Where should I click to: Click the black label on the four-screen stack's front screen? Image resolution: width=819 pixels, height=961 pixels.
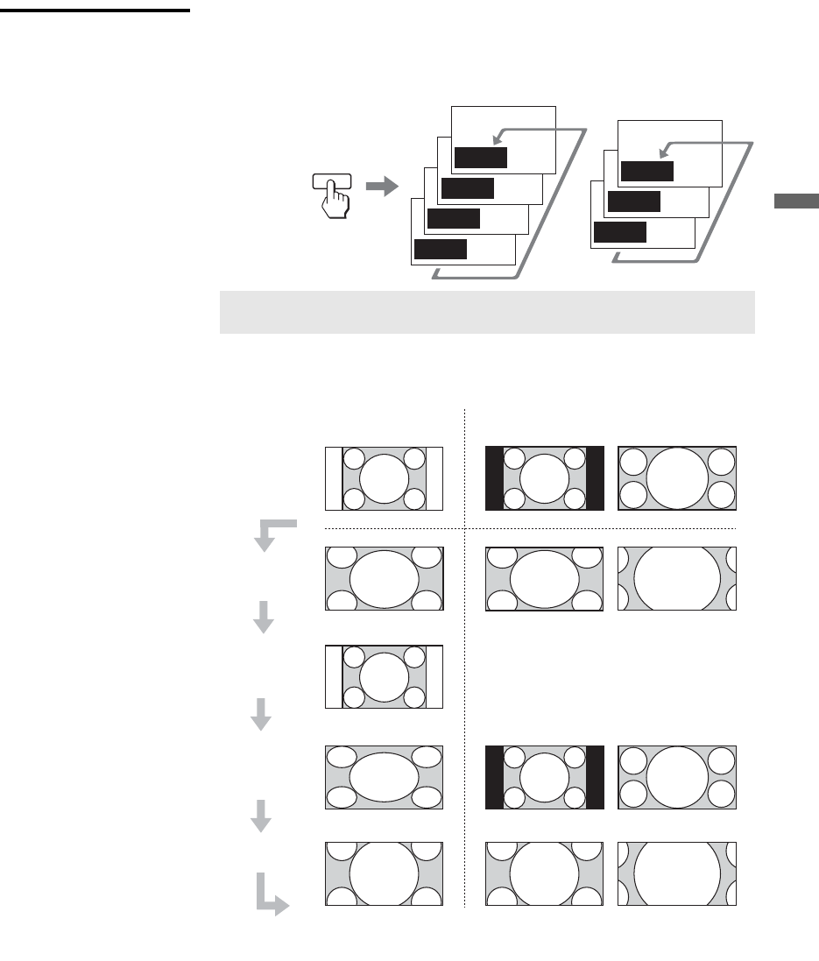coord(440,249)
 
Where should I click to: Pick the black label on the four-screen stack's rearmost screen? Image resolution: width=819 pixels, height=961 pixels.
coord(480,158)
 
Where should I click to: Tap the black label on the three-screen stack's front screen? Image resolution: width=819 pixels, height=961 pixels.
coord(619,231)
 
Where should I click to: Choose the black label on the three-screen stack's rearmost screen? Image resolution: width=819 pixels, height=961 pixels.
coord(646,171)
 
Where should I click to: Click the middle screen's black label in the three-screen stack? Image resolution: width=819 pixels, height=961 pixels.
coord(633,201)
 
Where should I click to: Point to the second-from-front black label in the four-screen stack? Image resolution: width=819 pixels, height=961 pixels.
coord(454,218)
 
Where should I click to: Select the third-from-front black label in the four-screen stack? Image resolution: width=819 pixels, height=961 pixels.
coord(467,188)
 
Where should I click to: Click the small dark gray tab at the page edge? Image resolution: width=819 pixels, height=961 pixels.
coord(795,201)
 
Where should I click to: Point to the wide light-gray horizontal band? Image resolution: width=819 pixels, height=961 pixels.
coord(486,312)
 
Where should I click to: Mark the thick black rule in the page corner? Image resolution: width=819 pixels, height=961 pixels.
coord(95,11)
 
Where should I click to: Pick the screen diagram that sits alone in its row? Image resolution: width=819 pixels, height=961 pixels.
coord(384,676)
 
